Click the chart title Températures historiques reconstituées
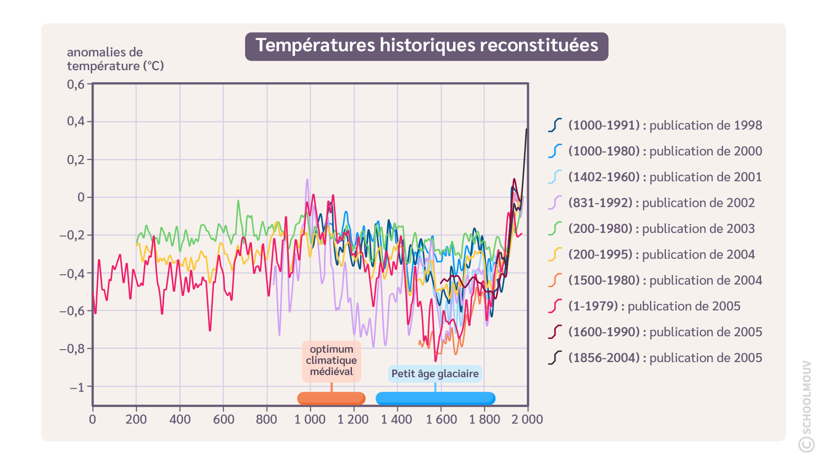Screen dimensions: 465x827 click(426, 46)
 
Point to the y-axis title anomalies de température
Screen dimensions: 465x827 click(115, 59)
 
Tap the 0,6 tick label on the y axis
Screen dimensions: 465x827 click(76, 84)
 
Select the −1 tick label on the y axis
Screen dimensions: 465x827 click(77, 387)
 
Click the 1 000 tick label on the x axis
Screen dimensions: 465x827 click(310, 419)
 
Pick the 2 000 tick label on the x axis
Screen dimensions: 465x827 click(527, 419)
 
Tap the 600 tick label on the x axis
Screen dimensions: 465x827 click(224, 419)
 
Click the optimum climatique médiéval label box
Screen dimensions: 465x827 click(331, 361)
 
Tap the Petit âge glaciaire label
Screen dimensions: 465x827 click(435, 374)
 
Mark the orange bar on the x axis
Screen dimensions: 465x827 click(331, 398)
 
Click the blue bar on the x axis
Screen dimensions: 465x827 click(435, 398)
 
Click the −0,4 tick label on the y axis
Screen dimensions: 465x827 click(72, 273)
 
